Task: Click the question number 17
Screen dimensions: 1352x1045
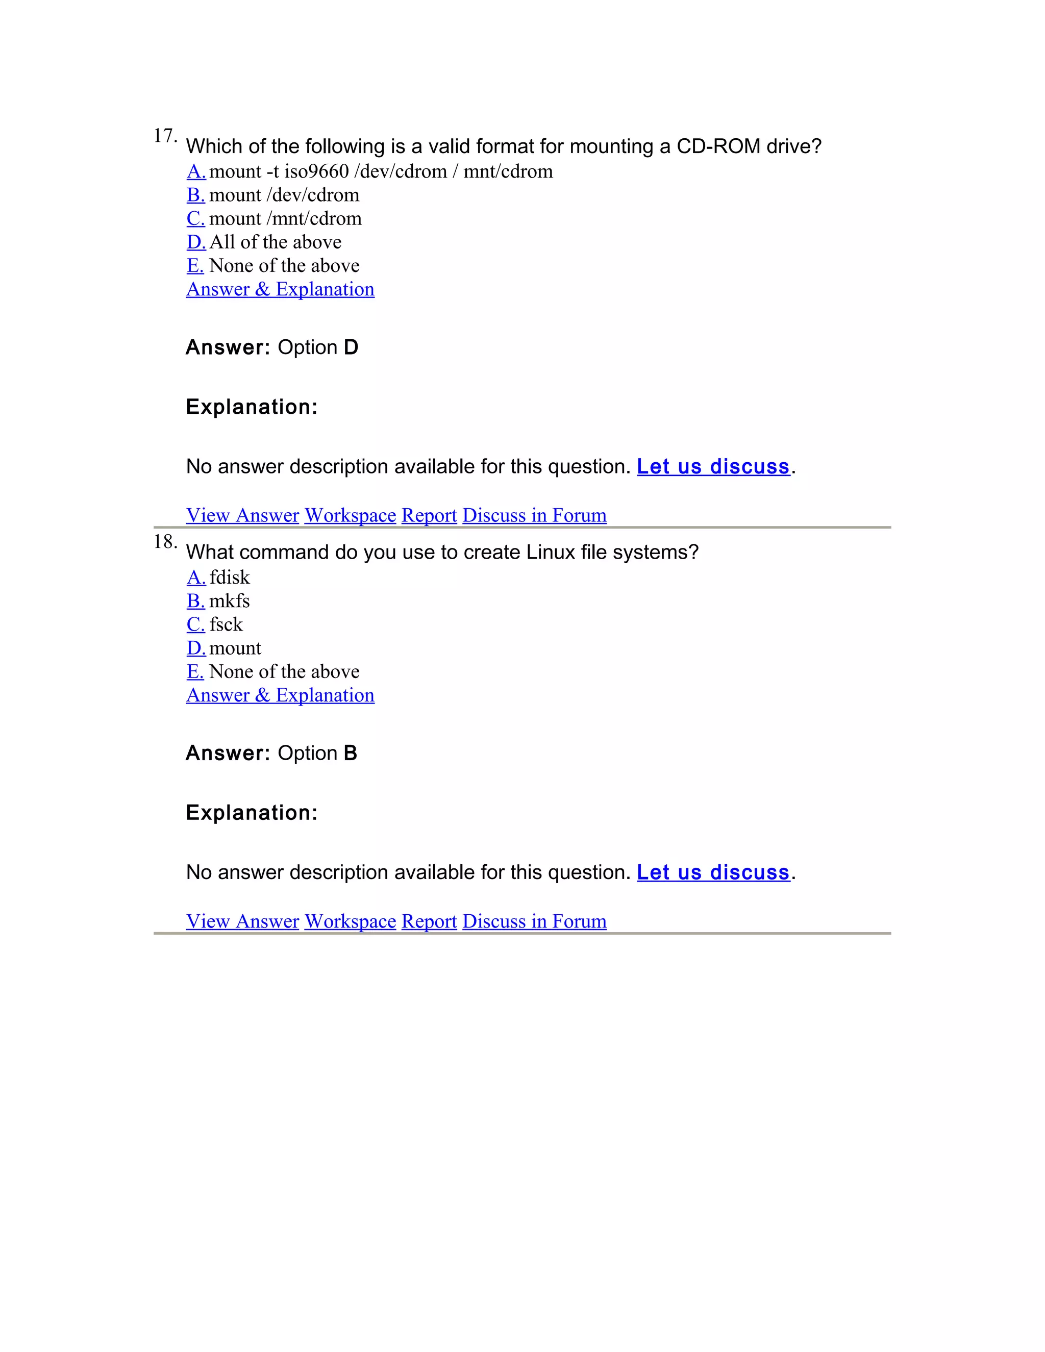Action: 164,136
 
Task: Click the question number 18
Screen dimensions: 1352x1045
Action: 164,542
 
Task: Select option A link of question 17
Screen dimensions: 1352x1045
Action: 195,171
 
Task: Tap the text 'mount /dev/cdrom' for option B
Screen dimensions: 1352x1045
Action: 284,195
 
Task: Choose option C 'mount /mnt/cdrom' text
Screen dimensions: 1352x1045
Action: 285,218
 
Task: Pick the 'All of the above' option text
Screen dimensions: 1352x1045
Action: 276,242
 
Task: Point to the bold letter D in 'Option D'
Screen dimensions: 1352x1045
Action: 351,347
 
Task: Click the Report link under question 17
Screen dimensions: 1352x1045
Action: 429,515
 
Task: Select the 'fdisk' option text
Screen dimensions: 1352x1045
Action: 230,578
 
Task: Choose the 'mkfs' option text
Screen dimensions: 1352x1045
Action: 230,601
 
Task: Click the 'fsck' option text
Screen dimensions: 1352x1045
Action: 226,624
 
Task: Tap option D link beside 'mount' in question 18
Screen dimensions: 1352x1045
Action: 195,648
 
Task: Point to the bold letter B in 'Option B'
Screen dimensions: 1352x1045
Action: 351,754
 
